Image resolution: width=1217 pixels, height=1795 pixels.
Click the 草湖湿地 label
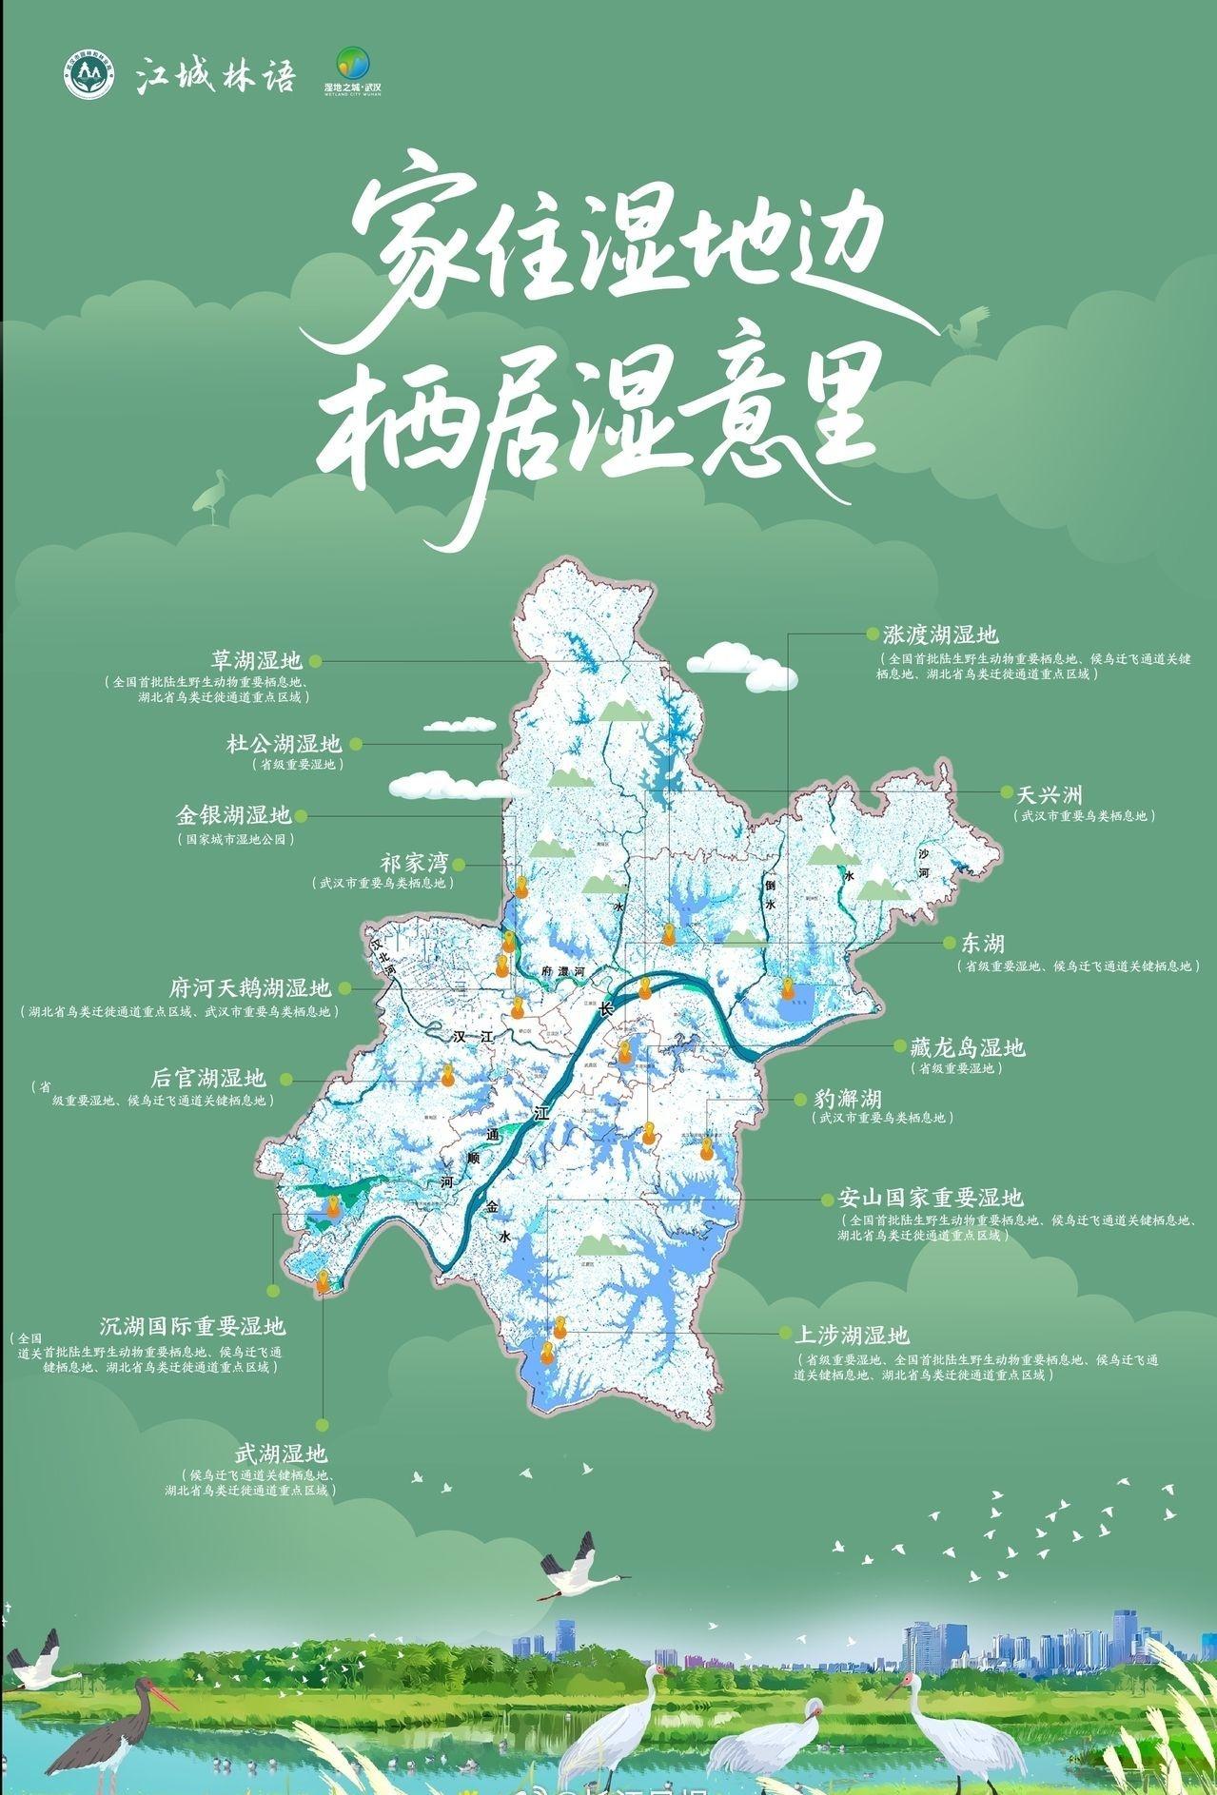[x=255, y=660]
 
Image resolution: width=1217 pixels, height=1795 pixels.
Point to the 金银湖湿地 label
[x=233, y=815]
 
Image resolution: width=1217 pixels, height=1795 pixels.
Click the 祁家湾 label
[x=414, y=864]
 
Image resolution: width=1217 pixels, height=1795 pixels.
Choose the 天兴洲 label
[x=1050, y=793]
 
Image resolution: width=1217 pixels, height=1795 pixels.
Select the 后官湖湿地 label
[x=209, y=1079]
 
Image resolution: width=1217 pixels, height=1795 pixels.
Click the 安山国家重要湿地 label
[x=931, y=1197]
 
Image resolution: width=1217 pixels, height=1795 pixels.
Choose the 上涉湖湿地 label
[x=857, y=1334]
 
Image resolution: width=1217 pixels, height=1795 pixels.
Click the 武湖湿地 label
[x=281, y=1454]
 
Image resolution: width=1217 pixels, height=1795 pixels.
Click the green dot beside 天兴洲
[x=1006, y=792]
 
